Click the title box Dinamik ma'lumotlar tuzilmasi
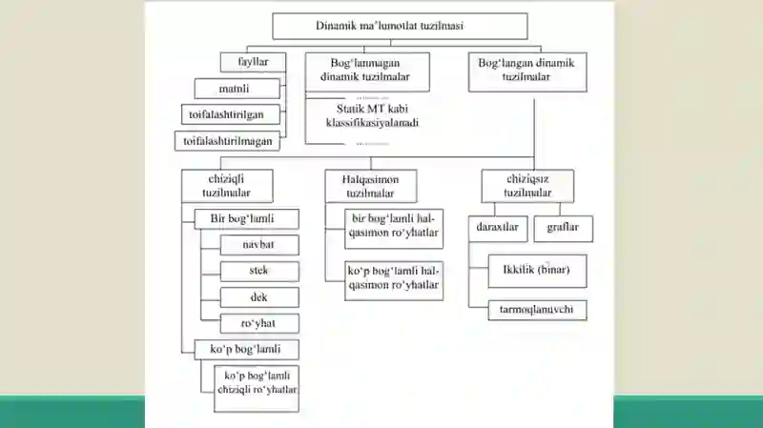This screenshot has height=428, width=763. pos(400,26)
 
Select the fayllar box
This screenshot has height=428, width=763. pos(253,62)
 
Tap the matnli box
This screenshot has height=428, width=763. pos(237,89)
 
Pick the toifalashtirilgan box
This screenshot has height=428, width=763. pos(231,114)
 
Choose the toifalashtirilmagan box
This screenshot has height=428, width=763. pos(227,141)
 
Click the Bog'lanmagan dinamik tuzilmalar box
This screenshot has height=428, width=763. pos(367,71)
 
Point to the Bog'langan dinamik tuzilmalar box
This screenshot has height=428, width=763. pos(527,71)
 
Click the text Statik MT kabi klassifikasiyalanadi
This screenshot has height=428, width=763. pos(372,115)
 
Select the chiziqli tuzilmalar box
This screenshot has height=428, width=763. pos(227,186)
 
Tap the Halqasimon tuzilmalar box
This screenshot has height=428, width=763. pos(371,186)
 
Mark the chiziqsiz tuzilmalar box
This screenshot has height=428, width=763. pos(527,186)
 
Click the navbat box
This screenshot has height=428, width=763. pos(259,245)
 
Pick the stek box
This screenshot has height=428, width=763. pos(259,272)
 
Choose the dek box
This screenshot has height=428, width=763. pos(259,297)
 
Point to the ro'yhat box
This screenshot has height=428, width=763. pos(259,323)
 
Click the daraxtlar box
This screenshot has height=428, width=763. pos(498,229)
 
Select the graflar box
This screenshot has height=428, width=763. pos(563,229)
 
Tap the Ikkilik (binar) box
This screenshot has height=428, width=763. pos(537,271)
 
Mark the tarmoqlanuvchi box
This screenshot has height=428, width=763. pos(537,311)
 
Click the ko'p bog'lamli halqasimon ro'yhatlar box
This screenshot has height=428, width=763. pos(394,281)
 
